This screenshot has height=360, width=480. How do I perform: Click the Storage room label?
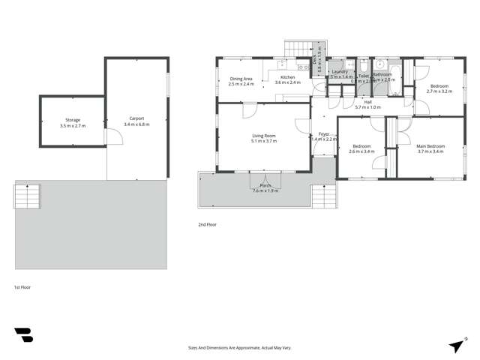[x=72, y=120]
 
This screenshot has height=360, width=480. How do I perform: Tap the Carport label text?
[x=136, y=118]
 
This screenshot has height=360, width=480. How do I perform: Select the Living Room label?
[x=263, y=136]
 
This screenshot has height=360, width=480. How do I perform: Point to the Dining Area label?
[x=241, y=79]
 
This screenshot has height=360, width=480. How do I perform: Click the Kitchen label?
[x=287, y=78]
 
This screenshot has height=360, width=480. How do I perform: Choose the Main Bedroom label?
[x=431, y=146]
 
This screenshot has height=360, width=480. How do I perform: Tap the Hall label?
[x=368, y=102]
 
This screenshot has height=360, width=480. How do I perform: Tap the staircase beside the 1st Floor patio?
[x=26, y=196]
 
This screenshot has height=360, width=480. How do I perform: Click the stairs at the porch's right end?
[x=325, y=196]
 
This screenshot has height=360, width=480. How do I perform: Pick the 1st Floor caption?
[x=22, y=286]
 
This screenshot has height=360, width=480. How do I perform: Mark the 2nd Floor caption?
[x=207, y=223]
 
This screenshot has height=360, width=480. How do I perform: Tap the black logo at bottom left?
[x=23, y=335]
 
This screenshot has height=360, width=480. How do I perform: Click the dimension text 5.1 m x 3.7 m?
[x=263, y=141]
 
